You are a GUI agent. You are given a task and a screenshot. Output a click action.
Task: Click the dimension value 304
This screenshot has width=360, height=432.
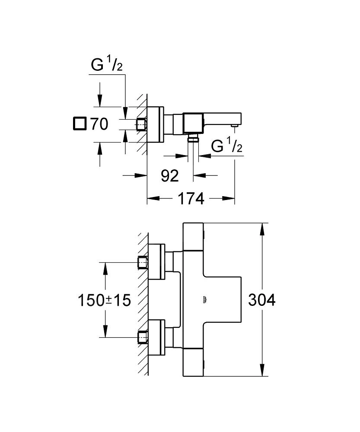[261, 299]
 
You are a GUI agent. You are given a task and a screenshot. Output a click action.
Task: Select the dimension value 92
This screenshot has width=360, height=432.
[169, 175]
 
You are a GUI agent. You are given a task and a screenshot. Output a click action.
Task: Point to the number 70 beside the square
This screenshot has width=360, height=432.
[99, 124]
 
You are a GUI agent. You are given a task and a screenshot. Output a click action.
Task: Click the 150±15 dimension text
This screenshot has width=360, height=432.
[104, 299]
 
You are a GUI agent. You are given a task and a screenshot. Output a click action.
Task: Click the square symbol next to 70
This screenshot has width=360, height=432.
[79, 124]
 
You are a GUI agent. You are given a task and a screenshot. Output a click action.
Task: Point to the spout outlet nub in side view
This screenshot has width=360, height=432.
[234, 126]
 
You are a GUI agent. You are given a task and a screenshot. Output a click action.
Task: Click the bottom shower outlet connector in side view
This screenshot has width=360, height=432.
[193, 138]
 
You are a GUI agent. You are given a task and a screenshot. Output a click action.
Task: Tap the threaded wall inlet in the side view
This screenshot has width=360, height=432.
[142, 124]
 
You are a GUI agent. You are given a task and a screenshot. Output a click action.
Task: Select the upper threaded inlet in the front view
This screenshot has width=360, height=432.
[142, 262]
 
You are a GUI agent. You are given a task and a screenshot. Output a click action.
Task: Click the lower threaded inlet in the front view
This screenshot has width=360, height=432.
[142, 337]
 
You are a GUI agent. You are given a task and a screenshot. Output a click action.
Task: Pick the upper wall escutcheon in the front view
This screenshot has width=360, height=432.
[156, 262]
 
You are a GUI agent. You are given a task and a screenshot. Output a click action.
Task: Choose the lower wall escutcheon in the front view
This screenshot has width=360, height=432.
[156, 337]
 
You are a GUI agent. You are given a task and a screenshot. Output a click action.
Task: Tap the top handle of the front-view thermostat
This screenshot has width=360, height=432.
[193, 236]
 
